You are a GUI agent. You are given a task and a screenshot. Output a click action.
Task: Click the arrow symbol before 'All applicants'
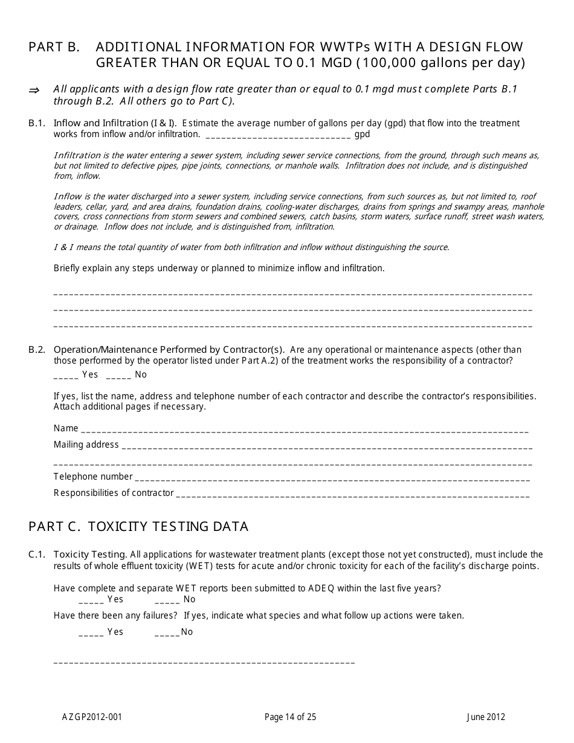(34, 90)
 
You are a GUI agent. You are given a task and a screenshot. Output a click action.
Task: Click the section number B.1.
(37, 123)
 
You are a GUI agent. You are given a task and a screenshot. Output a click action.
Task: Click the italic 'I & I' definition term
(63, 247)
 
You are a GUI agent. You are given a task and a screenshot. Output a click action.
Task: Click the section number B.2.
(37, 350)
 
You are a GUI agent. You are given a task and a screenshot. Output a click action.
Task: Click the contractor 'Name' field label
(66, 428)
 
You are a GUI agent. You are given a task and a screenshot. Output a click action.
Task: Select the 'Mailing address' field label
(86, 445)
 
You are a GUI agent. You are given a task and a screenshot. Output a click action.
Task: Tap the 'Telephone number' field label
(92, 477)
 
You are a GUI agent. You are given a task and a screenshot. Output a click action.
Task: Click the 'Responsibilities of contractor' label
(114, 493)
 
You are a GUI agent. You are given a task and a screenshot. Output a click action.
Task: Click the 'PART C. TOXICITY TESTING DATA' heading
(138, 527)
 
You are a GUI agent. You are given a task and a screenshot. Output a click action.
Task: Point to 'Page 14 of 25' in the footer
(290, 718)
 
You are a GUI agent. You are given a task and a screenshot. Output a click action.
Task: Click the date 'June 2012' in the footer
(486, 718)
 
